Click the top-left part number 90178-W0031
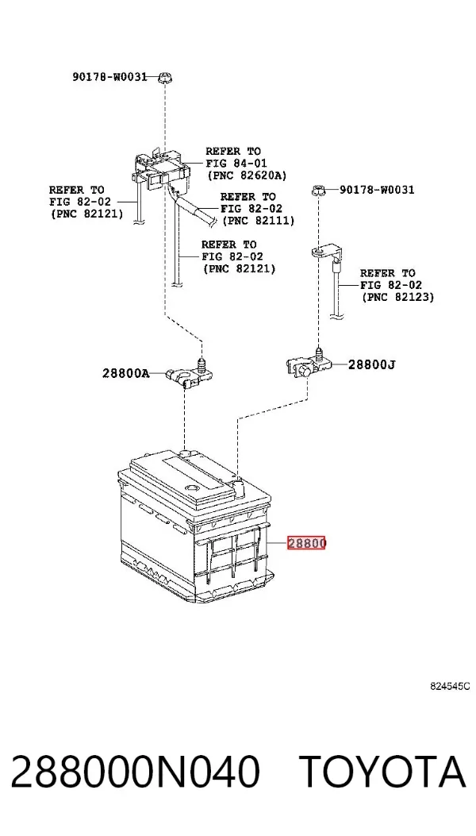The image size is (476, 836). (x=109, y=77)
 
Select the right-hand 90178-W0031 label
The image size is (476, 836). (x=376, y=190)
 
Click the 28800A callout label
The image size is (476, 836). (x=126, y=373)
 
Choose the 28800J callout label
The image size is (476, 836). (x=371, y=364)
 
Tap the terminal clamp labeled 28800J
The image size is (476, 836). (x=307, y=364)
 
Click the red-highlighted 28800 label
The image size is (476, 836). (x=306, y=543)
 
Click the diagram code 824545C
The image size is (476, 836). (x=451, y=686)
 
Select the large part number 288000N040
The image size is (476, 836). (x=135, y=772)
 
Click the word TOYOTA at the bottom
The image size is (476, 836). (x=382, y=772)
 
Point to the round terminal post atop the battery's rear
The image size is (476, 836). (x=186, y=454)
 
